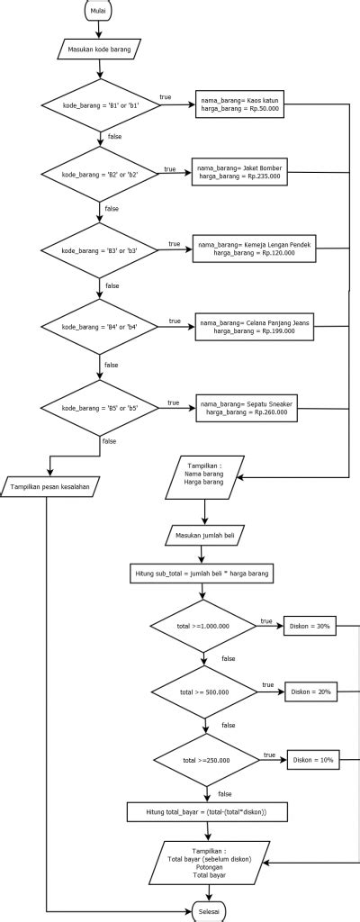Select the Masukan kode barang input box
point(99,50)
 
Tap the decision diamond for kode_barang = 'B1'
point(99,106)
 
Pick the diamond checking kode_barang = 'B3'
point(99,249)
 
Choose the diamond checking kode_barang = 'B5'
point(99,408)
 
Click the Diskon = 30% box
point(310,625)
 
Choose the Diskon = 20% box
point(310,692)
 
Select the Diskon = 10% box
point(312,760)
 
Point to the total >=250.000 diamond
point(207,760)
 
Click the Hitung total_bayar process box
point(206,813)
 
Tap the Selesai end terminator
point(208,912)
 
